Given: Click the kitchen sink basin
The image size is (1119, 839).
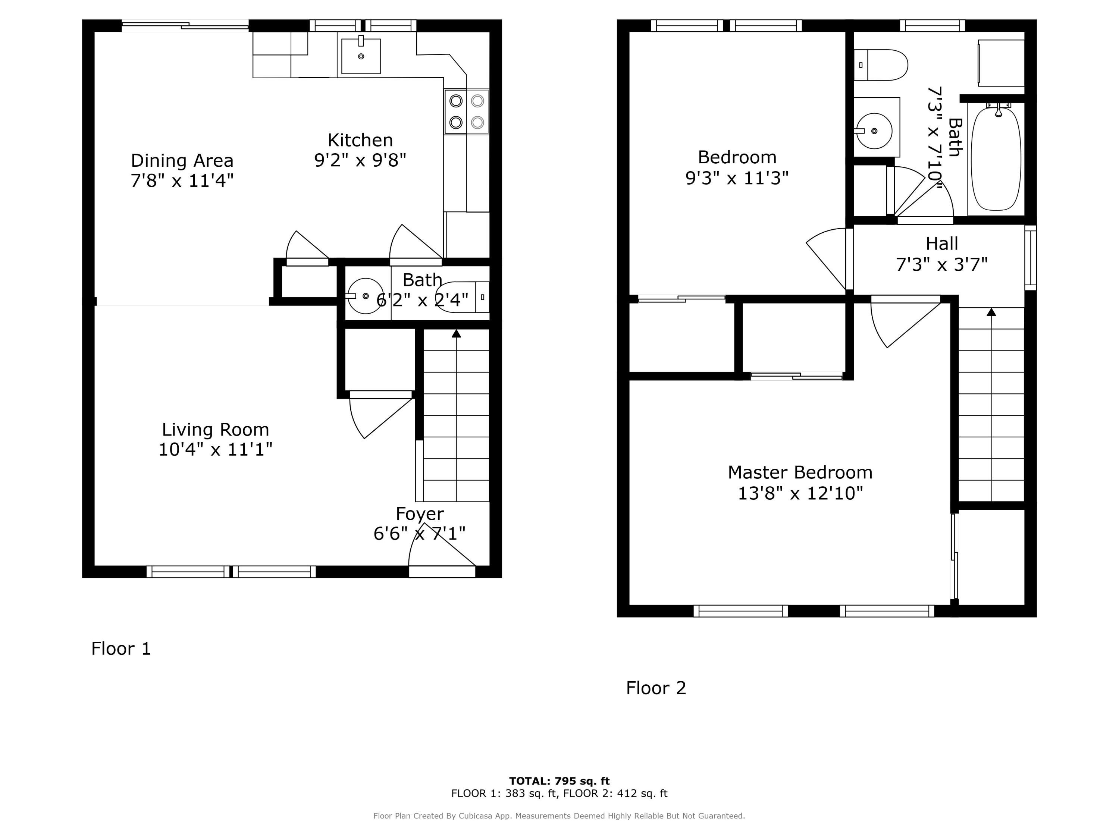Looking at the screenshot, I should tap(361, 56).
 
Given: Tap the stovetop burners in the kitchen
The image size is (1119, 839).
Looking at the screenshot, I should tap(466, 112).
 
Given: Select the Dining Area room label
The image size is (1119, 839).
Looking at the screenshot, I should tap(182, 161).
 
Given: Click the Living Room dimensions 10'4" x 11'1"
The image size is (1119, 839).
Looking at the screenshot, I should tap(216, 449).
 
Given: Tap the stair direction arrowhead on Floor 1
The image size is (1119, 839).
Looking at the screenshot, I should tap(456, 334).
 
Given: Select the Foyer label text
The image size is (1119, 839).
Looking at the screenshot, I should tap(419, 514).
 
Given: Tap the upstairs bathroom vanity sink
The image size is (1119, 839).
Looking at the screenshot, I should tap(875, 131).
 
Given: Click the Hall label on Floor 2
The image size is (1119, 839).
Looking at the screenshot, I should tap(941, 244).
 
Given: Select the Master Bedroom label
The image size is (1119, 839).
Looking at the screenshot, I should tap(800, 472).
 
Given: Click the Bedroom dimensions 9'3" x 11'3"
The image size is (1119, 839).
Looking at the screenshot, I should tap(737, 178).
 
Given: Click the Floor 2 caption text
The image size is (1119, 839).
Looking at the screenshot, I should tap(656, 688).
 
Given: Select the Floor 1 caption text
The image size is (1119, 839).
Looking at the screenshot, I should tap(121, 648).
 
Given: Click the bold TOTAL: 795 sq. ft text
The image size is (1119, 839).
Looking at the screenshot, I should tap(559, 781).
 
